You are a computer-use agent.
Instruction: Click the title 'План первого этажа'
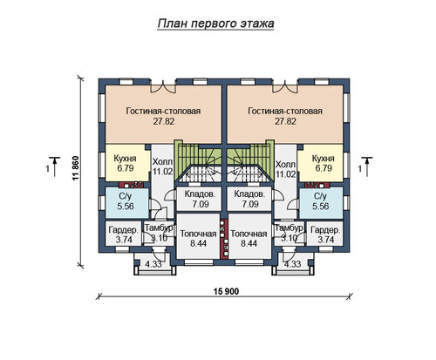coord(215,24)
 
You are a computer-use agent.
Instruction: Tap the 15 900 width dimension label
coord(226,291)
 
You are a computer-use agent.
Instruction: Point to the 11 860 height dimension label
coord(76,168)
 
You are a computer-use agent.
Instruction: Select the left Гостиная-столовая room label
coord(163,111)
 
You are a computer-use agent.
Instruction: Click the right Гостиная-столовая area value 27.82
coord(285,121)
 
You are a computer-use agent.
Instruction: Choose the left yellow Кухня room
coord(126,163)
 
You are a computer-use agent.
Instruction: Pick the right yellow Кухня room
coord(321,163)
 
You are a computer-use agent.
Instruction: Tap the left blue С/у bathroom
coord(126,202)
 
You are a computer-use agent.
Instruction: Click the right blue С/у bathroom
coord(321,202)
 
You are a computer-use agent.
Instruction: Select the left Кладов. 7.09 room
coord(200,199)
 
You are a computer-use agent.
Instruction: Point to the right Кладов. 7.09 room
coord(249,199)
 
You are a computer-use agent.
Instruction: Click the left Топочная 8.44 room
coord(198,236)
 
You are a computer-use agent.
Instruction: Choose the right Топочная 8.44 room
coord(249,236)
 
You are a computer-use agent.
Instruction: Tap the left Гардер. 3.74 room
coord(123,234)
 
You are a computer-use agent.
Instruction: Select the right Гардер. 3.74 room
coord(325,234)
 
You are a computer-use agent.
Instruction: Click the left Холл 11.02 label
coord(162,166)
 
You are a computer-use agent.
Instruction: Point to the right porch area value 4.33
coord(292,264)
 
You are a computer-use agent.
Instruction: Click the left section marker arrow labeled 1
coord(54,166)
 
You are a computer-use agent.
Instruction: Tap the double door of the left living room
coord(163,88)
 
